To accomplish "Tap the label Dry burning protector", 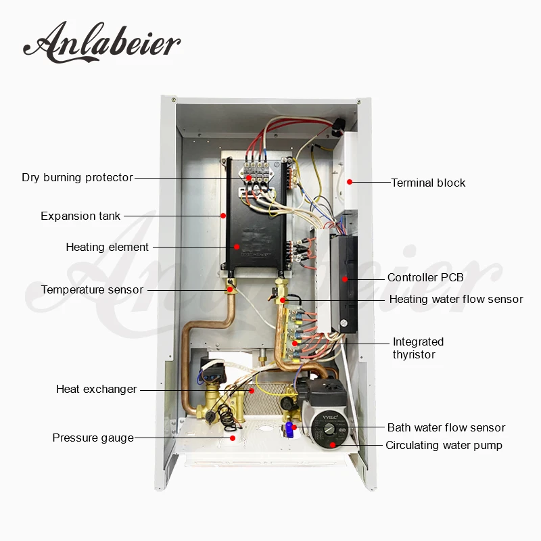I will (x=77, y=178).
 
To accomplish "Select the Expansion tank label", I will (x=80, y=216).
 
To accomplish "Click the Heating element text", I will (x=107, y=248).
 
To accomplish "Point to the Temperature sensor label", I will (x=92, y=290).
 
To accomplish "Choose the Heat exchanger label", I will (x=96, y=390).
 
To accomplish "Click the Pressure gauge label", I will (x=93, y=438).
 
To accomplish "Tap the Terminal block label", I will (x=428, y=183).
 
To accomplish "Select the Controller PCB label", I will (x=425, y=278).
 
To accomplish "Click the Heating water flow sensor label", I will (x=456, y=300).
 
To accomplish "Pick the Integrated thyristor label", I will (x=418, y=348).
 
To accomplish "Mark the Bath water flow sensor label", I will (x=446, y=428).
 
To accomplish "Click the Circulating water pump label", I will (x=444, y=446).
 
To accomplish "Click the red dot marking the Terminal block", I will (x=350, y=181).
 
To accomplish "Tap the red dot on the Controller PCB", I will (x=344, y=278).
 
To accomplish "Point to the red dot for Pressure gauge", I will (x=233, y=438).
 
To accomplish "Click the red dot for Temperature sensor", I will (x=230, y=289).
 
